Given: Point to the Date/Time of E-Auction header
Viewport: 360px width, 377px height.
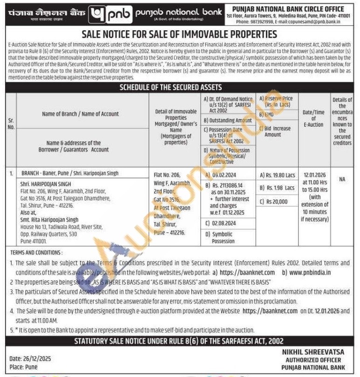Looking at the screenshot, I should (x=313, y=118).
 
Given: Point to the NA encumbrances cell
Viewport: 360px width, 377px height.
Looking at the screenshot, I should (x=342, y=179).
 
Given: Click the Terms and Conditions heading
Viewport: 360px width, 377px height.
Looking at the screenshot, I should (x=36, y=252).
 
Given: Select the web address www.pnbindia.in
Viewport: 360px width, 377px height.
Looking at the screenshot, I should (x=310, y=272).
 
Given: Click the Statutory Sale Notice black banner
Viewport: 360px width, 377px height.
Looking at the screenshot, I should (x=180, y=341).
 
